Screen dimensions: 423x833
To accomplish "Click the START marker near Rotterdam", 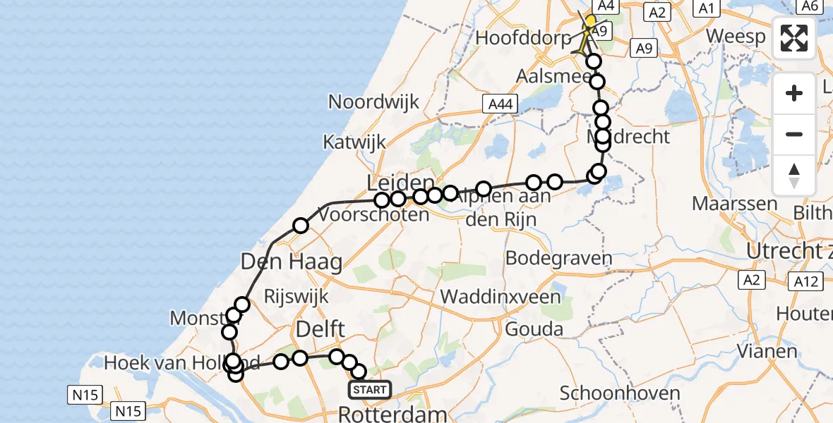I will pyautogui.click(x=369, y=390).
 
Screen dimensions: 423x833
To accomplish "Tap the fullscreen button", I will pyautogui.click(x=794, y=38).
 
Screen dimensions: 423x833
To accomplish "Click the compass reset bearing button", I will pyautogui.click(x=794, y=176).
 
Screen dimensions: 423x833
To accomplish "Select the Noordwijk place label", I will pyautogui.click(x=373, y=102).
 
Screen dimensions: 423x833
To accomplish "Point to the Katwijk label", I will pyautogui.click(x=354, y=142).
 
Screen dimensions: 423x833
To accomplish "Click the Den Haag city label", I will pyautogui.click(x=291, y=262).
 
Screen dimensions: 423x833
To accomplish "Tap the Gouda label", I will pyautogui.click(x=534, y=329).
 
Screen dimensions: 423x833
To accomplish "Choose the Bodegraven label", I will pyautogui.click(x=558, y=258).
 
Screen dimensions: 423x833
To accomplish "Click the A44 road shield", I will pyautogui.click(x=498, y=104).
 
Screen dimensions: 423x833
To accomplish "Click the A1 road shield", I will pyautogui.click(x=706, y=8).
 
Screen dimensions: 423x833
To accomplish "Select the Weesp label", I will pyautogui.click(x=736, y=37).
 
